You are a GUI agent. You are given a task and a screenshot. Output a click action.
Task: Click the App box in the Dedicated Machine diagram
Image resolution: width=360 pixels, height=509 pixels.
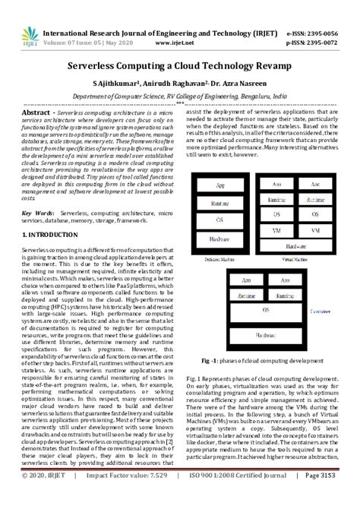(219, 185)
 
